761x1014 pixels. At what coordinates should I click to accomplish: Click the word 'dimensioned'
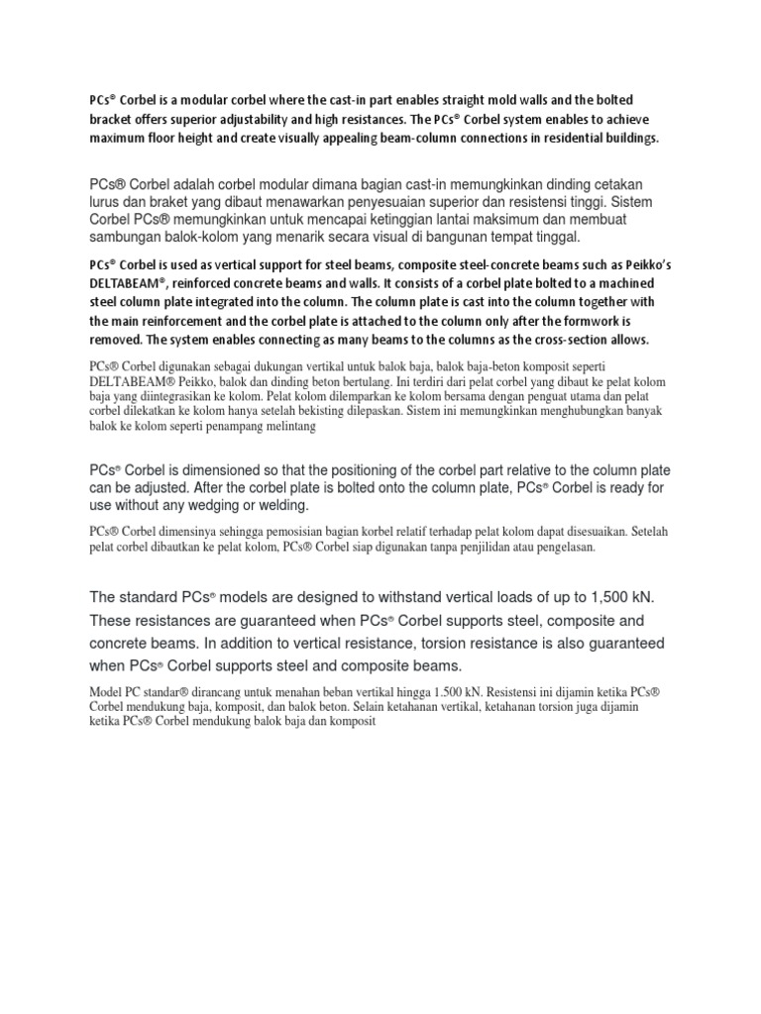[x=214, y=470]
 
